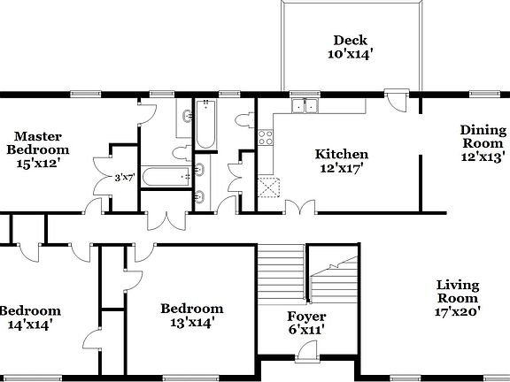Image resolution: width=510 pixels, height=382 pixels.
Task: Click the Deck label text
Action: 351,46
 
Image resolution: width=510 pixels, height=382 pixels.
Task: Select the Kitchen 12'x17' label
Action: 342,161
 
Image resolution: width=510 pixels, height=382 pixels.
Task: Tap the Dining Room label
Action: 482,143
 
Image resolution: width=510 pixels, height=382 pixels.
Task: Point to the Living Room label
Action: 458,298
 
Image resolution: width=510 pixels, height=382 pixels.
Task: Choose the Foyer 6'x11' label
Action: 306,323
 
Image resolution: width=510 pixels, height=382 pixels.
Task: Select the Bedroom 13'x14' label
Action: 191,316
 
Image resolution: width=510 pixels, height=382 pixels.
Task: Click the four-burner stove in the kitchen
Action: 265,138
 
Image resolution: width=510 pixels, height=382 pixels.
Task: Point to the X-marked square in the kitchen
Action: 268,187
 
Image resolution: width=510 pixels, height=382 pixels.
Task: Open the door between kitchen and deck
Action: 397,101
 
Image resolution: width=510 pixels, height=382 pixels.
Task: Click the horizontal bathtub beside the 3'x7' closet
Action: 164,177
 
